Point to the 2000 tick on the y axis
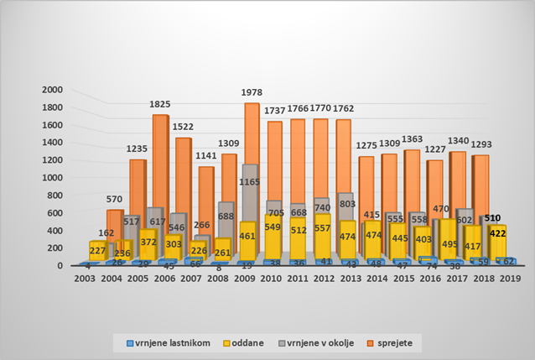52,90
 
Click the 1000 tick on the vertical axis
52,178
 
